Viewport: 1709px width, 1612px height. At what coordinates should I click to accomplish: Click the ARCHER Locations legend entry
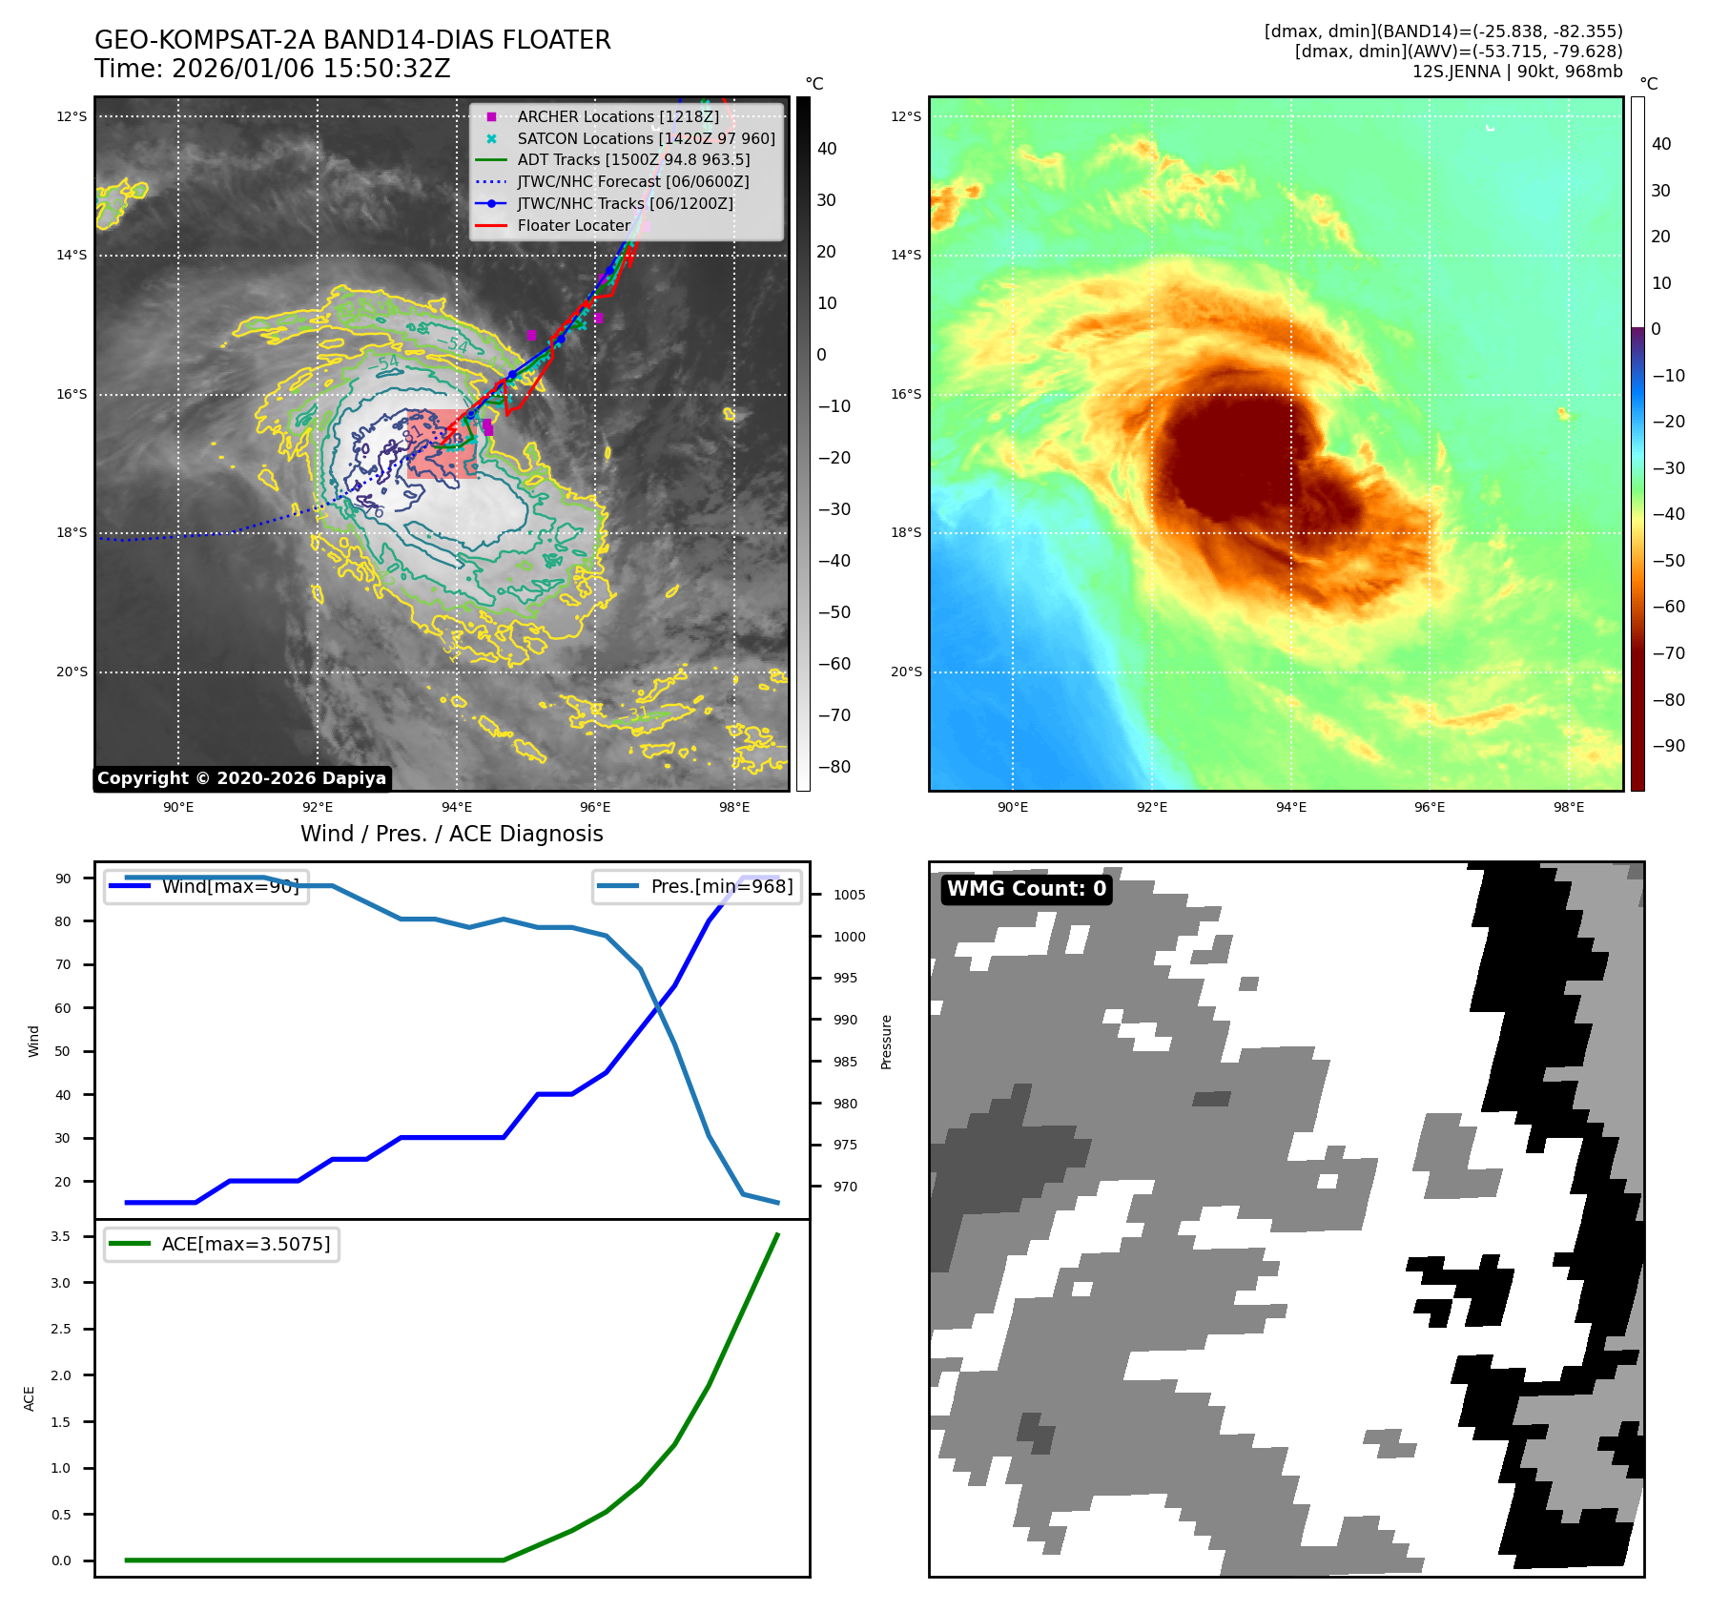[618, 116]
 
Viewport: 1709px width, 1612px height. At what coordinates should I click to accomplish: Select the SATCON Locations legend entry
[646, 138]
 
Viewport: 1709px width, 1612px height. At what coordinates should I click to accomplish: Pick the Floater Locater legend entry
[573, 225]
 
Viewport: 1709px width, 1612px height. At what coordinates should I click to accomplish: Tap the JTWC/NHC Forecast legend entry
[632, 181]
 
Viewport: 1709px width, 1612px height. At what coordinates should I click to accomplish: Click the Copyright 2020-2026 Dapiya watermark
[242, 778]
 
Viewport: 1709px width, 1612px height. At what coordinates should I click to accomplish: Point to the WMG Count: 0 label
[1026, 889]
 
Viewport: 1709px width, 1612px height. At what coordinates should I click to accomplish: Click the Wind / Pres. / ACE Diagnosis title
[451, 834]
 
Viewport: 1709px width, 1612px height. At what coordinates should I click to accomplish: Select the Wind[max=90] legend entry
[230, 886]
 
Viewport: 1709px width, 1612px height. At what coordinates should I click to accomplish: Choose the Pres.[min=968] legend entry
[721, 886]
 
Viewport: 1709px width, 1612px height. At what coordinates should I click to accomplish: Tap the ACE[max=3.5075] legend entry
[245, 1244]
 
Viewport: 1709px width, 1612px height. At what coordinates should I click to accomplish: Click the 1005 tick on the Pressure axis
[849, 895]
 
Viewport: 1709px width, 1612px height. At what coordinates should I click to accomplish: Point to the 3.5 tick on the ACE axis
[61, 1236]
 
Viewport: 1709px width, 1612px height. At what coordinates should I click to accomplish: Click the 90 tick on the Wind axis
[63, 878]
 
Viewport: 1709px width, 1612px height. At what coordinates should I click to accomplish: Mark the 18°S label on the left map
[72, 533]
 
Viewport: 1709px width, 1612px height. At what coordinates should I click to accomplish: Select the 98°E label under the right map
[1568, 807]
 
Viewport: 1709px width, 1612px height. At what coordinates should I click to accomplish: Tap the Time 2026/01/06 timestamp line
[272, 69]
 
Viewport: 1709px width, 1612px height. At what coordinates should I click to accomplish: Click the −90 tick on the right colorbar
[1668, 746]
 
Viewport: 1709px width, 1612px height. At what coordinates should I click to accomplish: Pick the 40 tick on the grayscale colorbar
[827, 149]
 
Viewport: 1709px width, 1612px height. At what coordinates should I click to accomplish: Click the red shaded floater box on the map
[442, 444]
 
